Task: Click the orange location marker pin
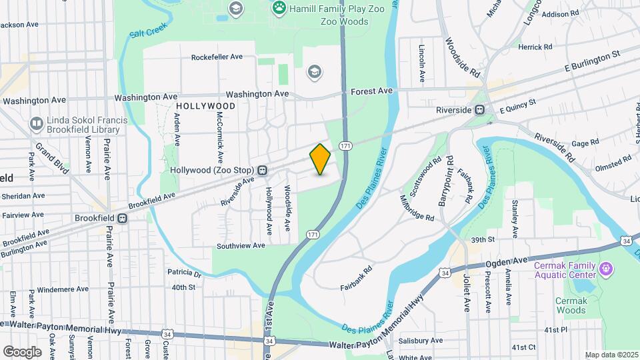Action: coord(320,159)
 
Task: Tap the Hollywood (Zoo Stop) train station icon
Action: coord(263,170)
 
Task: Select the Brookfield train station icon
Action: coord(122,218)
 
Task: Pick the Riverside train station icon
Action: coord(479,110)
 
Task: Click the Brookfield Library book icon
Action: coord(36,123)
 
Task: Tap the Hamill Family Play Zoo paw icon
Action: coord(279,8)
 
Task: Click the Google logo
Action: coord(22,351)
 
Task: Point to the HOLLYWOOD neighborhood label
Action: coord(206,106)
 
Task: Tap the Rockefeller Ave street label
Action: coord(217,57)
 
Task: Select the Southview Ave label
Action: coord(240,245)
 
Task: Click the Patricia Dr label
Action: coord(184,273)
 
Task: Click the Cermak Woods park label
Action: coord(571,305)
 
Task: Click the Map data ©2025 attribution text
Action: coord(611,355)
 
